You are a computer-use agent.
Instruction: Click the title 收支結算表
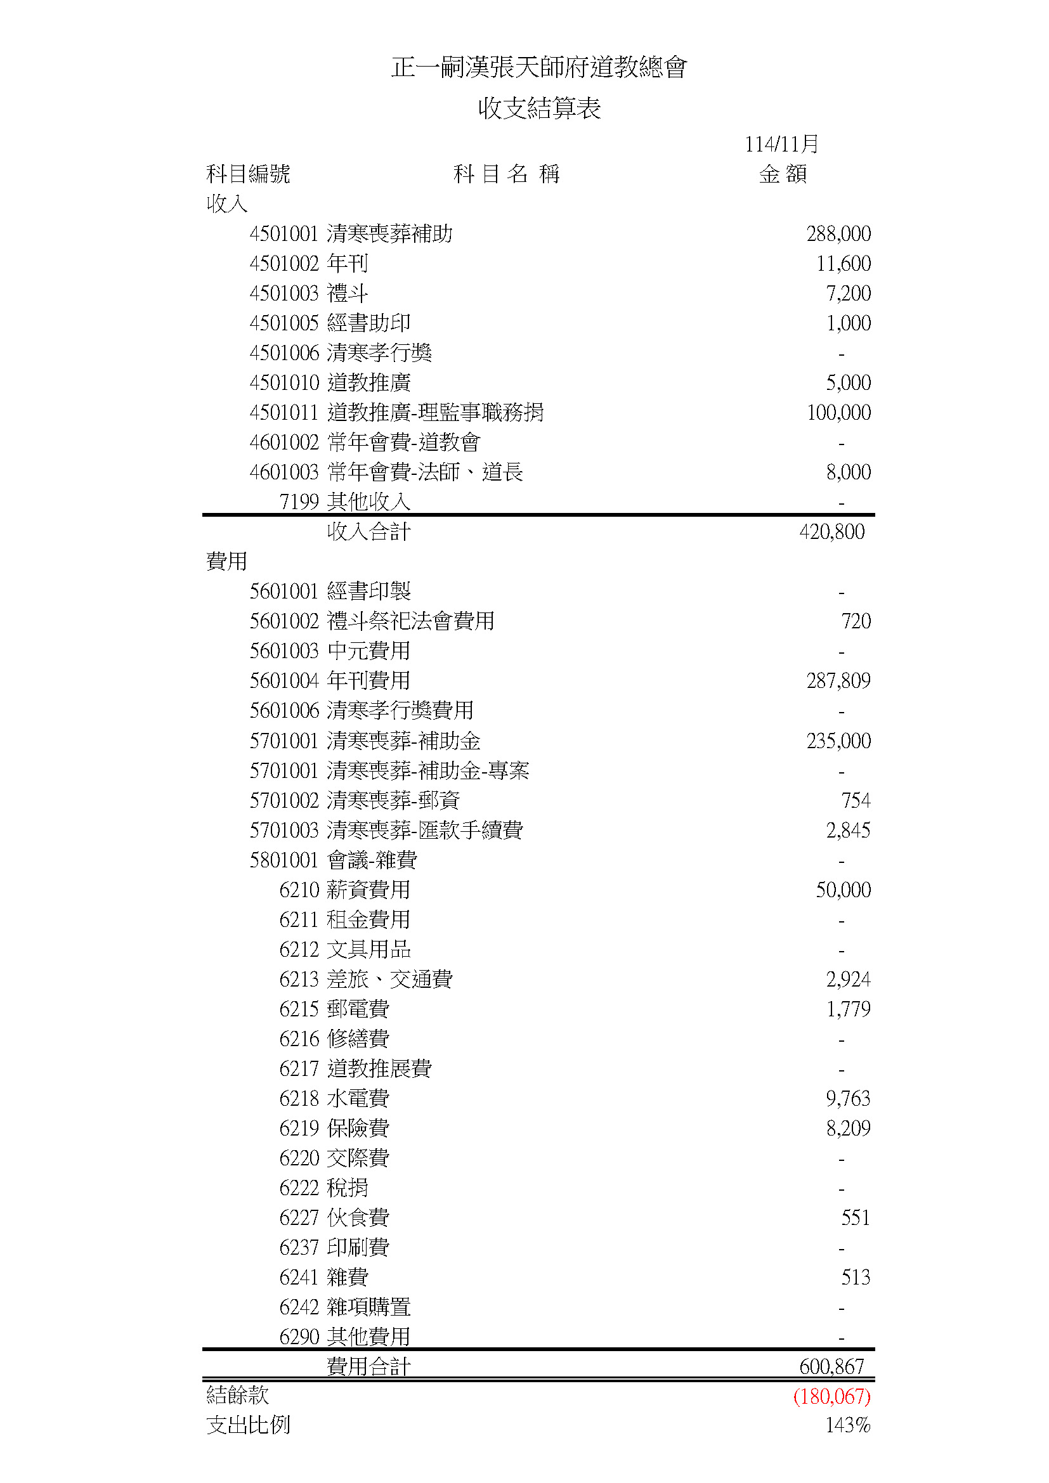[x=539, y=108]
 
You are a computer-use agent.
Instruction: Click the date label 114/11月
[x=781, y=144]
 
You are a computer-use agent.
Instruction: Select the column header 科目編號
[x=248, y=174]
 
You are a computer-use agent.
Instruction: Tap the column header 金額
[x=783, y=174]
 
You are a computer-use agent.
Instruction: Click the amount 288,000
[x=838, y=234]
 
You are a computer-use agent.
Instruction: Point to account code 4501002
[x=284, y=264]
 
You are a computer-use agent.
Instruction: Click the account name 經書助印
[x=369, y=323]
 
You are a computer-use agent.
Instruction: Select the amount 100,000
[x=838, y=413]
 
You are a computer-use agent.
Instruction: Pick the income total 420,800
[x=831, y=532]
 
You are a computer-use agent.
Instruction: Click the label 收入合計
[x=369, y=532]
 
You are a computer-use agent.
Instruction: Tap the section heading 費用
[x=226, y=561]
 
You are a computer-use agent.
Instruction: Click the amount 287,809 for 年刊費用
[x=838, y=681]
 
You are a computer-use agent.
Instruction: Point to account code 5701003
[x=284, y=831]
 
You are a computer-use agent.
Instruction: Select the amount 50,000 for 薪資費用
[x=843, y=890]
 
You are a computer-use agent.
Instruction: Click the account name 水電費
[x=358, y=1099]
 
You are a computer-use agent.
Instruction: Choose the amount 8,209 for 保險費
[x=848, y=1129]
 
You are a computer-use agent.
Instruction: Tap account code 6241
[x=299, y=1278]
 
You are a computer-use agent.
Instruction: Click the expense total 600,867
[x=831, y=1367]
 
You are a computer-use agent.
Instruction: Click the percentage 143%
[x=847, y=1425]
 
